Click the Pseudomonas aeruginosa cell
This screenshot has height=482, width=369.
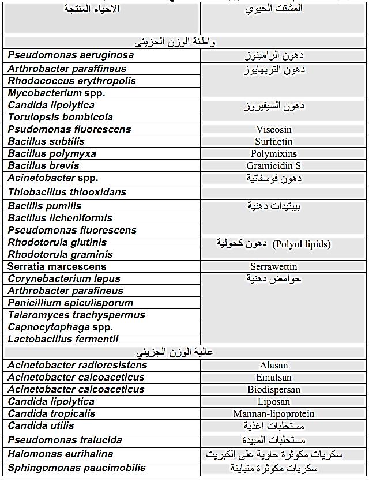[71, 55]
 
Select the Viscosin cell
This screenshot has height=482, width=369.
[274, 129]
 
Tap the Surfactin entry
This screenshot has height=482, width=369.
[274, 141]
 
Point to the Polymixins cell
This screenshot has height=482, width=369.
[274, 153]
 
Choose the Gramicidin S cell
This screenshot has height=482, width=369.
[274, 165]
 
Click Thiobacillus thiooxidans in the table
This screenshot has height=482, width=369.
[67, 192]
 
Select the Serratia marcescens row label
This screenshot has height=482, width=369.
[57, 266]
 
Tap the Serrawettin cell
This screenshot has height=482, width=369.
[274, 266]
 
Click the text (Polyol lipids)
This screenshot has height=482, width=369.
[302, 244]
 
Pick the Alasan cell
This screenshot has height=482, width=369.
[274, 365]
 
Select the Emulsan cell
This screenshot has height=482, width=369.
[274, 377]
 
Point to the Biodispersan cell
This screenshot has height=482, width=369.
[274, 389]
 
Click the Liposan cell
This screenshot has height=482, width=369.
[274, 401]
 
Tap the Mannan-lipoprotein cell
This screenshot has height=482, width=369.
[274, 413]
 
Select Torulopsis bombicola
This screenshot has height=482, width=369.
[61, 117]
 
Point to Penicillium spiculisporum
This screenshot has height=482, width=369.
[70, 303]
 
